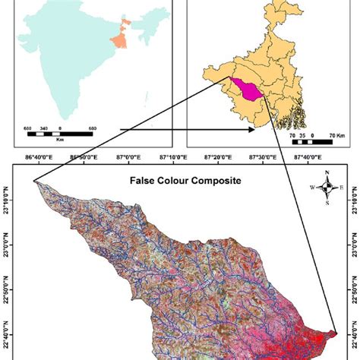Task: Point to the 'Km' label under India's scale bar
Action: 60,141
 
